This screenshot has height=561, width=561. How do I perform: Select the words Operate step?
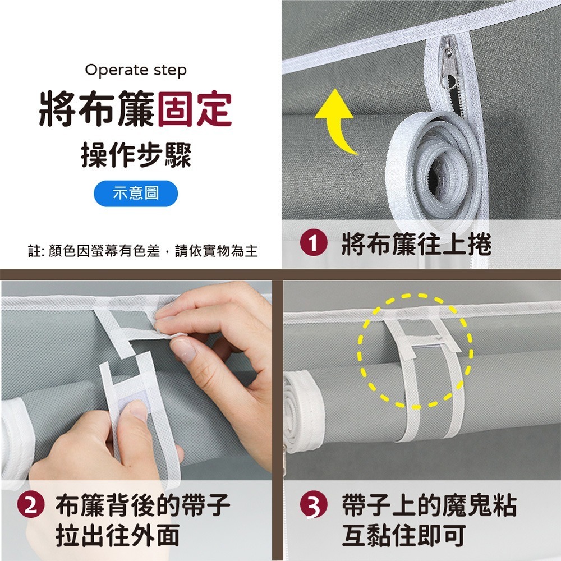coord(136,70)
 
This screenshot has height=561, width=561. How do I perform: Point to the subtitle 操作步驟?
coord(136,154)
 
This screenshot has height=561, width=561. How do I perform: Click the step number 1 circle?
coord(312,245)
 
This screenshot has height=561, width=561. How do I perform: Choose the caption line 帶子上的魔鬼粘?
coord(429,507)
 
